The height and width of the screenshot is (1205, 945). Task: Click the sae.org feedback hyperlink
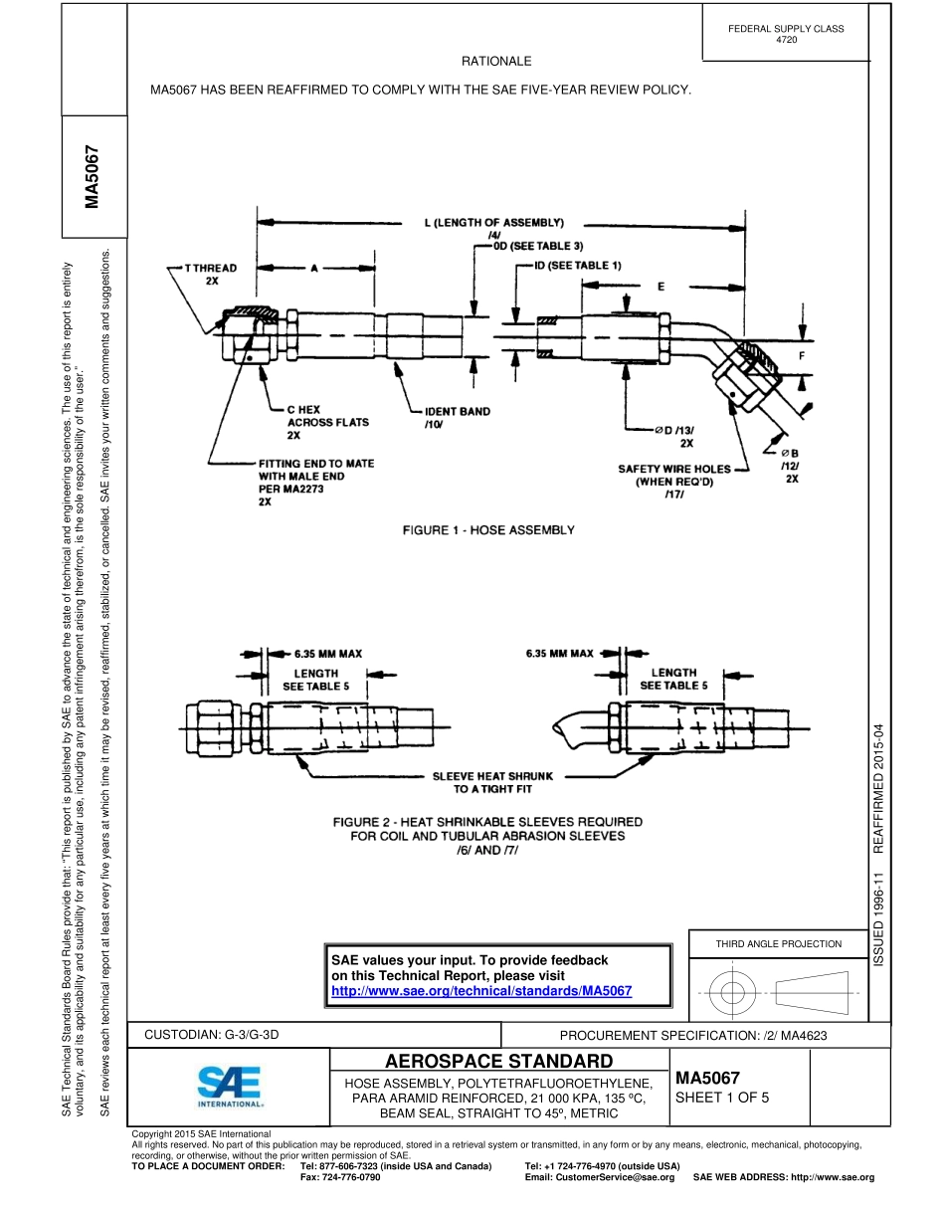coord(481,992)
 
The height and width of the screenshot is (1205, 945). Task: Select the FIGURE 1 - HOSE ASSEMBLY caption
coord(487,530)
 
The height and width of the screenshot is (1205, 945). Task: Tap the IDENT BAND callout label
coord(457,417)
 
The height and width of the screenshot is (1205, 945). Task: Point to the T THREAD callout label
coord(210,275)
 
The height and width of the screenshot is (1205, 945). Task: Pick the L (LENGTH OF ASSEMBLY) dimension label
coord(488,223)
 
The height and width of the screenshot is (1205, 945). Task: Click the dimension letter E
coord(660,286)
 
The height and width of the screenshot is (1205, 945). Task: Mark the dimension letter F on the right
coord(802,355)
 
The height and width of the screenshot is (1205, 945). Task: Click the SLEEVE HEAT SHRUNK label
coord(492,782)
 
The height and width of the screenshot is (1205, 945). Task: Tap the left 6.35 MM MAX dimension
coord(327,654)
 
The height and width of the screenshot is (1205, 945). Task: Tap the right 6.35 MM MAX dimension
coord(559,654)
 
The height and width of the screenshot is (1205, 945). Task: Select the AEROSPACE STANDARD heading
coord(497,1061)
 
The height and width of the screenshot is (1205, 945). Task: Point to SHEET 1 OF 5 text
coord(721,1099)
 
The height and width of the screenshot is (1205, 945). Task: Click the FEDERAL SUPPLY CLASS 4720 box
coord(786,33)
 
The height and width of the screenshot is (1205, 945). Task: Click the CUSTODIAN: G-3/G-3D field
coord(213,1035)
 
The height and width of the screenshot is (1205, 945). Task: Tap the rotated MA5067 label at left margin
coord(93,180)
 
